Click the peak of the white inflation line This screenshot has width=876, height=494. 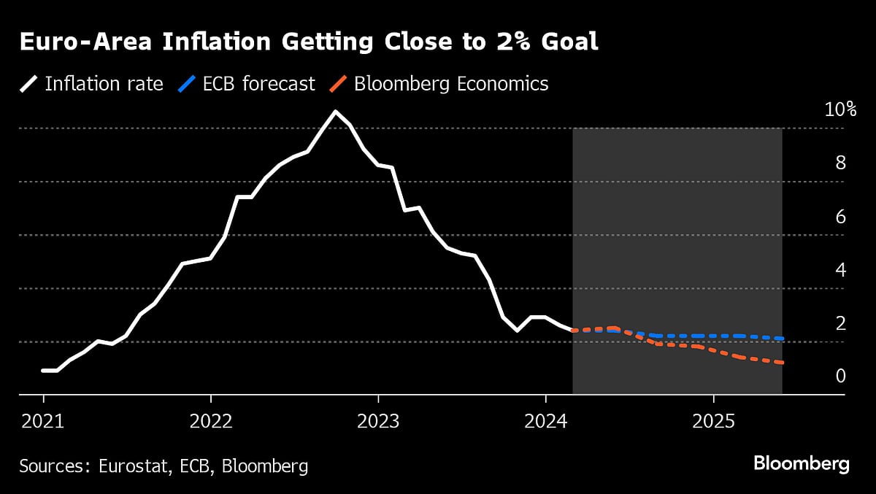(335, 112)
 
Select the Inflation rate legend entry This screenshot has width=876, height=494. (104, 84)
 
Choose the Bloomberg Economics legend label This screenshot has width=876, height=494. (450, 84)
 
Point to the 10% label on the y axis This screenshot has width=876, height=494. (839, 109)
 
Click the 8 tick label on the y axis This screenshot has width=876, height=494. (840, 163)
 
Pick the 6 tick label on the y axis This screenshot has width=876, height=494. (840, 217)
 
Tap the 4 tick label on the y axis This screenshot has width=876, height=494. (840, 270)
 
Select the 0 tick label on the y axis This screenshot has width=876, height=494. (840, 377)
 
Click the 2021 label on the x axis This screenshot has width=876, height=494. (43, 421)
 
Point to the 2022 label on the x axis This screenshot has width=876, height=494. (210, 421)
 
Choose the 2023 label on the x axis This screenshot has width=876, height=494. (378, 421)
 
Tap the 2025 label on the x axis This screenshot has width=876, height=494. (713, 421)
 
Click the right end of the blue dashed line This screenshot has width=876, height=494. (782, 339)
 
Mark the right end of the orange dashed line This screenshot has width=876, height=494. (782, 363)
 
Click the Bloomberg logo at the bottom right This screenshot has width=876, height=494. (801, 464)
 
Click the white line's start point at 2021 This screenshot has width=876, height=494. (43, 371)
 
